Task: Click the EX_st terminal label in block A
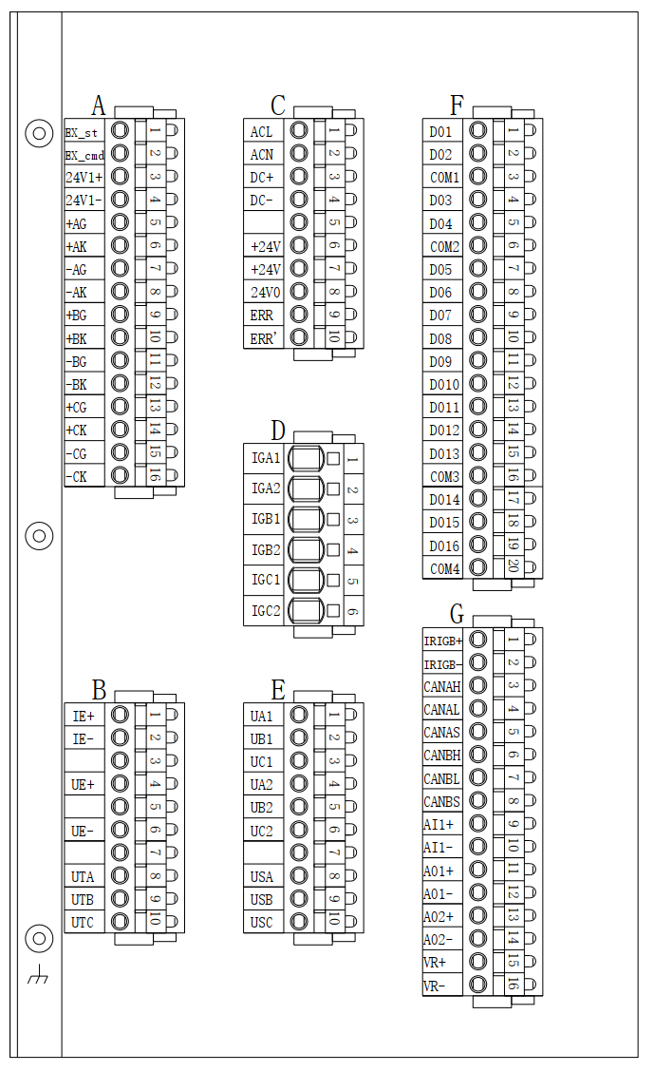click(x=83, y=131)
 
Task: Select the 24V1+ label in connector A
click(x=84, y=178)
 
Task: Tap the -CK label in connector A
click(x=78, y=476)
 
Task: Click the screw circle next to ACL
click(x=299, y=131)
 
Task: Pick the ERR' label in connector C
click(x=264, y=337)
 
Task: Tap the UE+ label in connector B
click(x=84, y=784)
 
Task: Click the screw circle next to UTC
click(x=121, y=921)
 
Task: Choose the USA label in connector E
click(x=262, y=876)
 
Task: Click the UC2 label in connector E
click(x=262, y=831)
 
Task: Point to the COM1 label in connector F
click(x=443, y=178)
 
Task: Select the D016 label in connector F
click(x=443, y=546)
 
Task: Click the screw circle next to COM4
click(x=478, y=568)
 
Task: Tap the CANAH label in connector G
click(x=441, y=686)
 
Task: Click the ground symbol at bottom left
click(x=38, y=975)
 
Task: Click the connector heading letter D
click(x=278, y=431)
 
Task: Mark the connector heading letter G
click(x=458, y=614)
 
